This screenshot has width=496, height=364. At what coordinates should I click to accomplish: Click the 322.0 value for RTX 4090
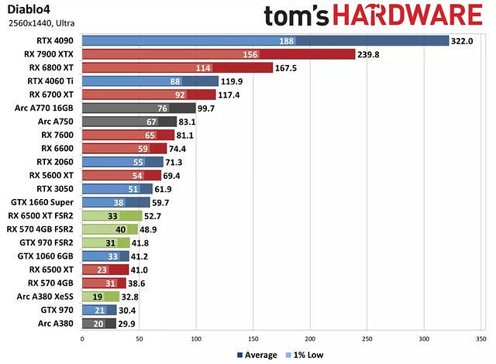tap(462, 41)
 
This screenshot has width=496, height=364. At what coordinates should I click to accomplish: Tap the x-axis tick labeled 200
tap(310, 338)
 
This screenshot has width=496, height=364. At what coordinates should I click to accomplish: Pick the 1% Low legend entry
tap(303, 355)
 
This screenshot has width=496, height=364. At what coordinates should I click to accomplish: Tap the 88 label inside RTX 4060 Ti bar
tap(175, 81)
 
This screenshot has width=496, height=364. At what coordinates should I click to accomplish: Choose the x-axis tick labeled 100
tap(195, 338)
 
